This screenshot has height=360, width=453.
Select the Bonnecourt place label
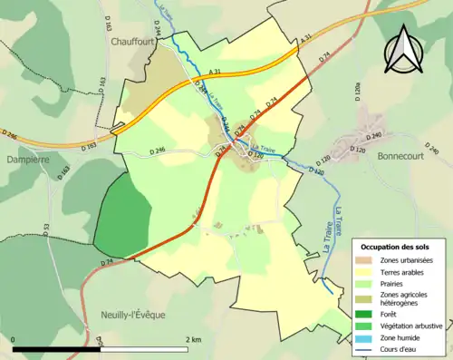click(400, 156)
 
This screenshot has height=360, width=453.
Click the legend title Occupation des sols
click(395, 247)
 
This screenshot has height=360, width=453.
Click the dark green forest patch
click(122, 214)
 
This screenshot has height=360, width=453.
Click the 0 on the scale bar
click(14, 339)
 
